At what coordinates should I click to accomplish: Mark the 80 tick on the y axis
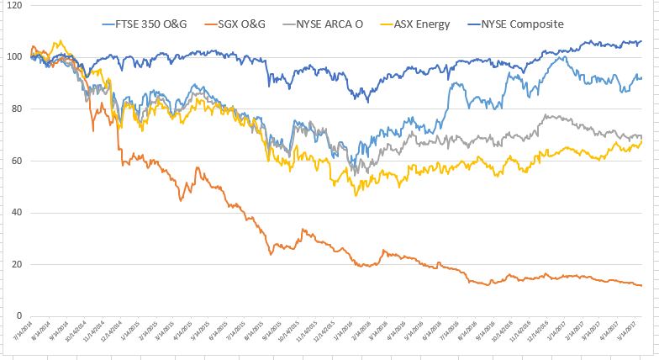(x=16, y=109)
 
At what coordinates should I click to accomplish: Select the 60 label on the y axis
(x=16, y=161)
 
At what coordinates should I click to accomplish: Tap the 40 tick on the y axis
(x=16, y=213)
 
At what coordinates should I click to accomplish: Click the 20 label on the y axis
(x=16, y=265)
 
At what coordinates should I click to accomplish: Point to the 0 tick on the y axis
(x=18, y=316)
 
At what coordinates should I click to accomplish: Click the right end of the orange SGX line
(x=642, y=286)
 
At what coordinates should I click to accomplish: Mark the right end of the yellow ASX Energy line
(x=642, y=141)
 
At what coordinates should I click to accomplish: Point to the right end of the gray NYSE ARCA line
(x=642, y=136)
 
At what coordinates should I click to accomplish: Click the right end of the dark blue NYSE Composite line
(x=642, y=41)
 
